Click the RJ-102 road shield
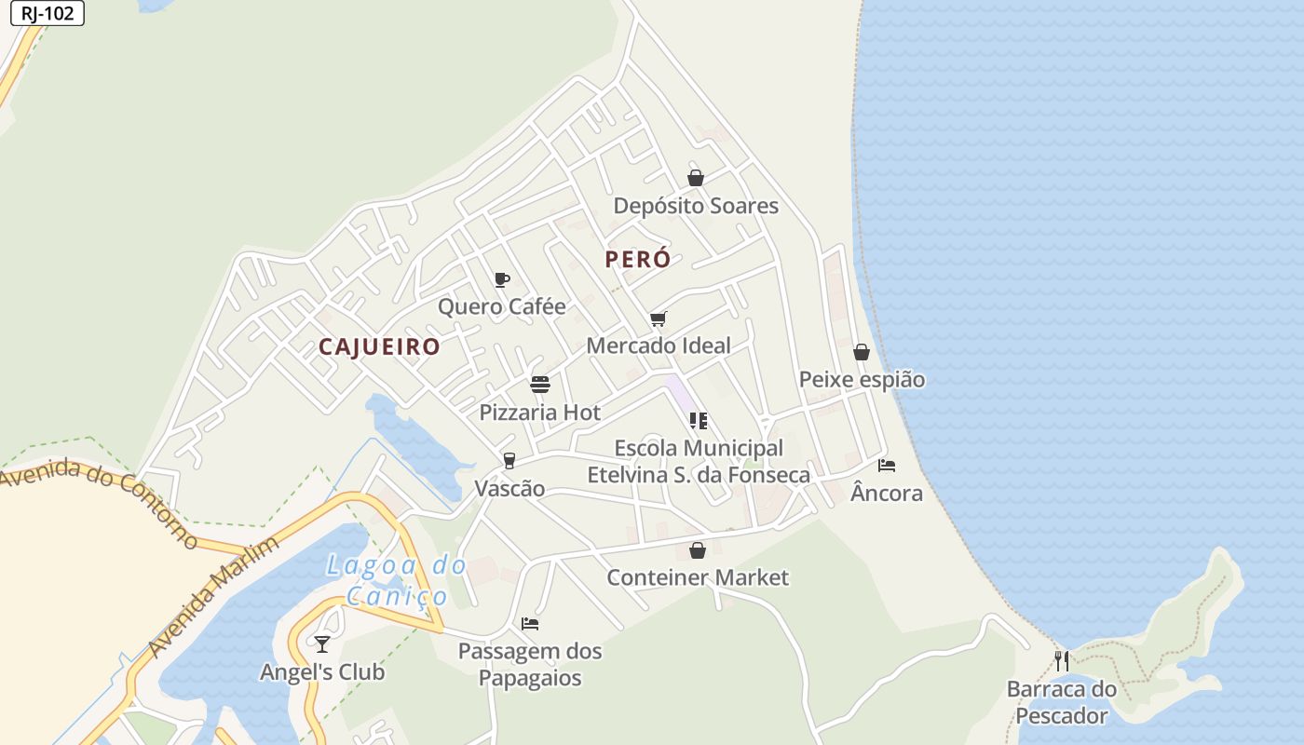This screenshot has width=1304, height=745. click(47, 13)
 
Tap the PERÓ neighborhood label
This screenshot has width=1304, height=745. click(638, 260)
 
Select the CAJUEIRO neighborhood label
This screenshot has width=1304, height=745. click(379, 347)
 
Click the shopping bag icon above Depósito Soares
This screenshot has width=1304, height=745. click(696, 178)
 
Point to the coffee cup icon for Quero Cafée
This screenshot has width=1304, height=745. click(502, 279)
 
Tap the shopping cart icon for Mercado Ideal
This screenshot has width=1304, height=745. click(659, 318)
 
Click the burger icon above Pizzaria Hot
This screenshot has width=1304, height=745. click(540, 385)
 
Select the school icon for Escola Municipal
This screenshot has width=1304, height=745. click(699, 421)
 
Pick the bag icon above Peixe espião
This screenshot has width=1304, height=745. click(862, 352)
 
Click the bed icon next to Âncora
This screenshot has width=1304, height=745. click(887, 465)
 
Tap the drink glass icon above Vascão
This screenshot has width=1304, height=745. click(509, 460)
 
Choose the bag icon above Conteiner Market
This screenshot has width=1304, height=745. click(698, 550)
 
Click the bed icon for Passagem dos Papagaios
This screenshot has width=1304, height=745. click(530, 623)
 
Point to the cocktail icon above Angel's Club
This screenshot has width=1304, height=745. click(322, 643)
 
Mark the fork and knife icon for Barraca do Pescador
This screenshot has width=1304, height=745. click(1062, 661)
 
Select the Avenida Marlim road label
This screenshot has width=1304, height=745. click(213, 597)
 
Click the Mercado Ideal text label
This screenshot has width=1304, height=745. click(659, 345)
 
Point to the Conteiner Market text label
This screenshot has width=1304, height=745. click(698, 577)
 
